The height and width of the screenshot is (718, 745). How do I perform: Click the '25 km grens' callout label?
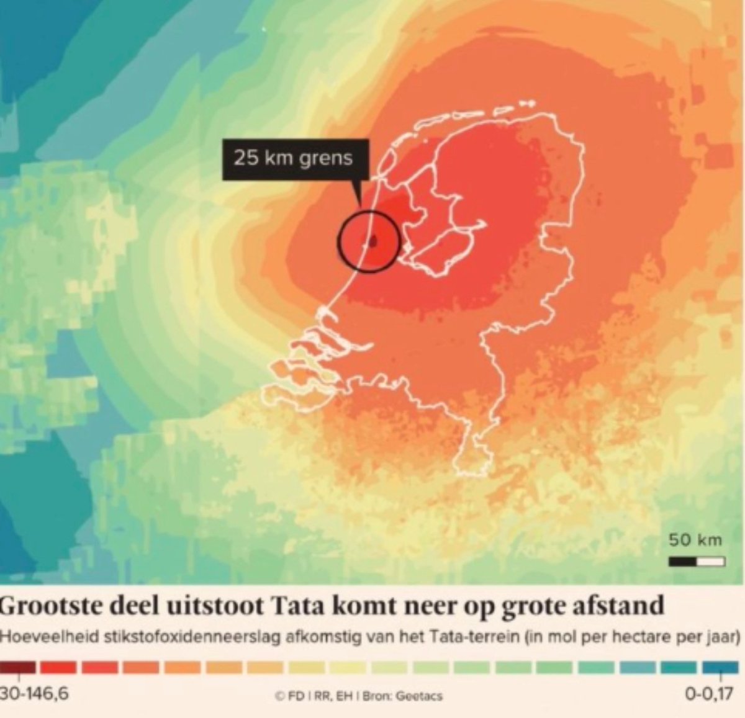tap(293, 158)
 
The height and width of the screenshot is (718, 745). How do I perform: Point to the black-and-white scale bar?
tap(697, 562)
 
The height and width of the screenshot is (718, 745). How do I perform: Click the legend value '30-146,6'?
tap(34, 694)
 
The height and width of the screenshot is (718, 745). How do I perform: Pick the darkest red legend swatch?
tap(17, 668)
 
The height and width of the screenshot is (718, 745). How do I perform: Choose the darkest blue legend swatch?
tap(720, 668)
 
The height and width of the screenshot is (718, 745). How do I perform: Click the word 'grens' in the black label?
tap(328, 158)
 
